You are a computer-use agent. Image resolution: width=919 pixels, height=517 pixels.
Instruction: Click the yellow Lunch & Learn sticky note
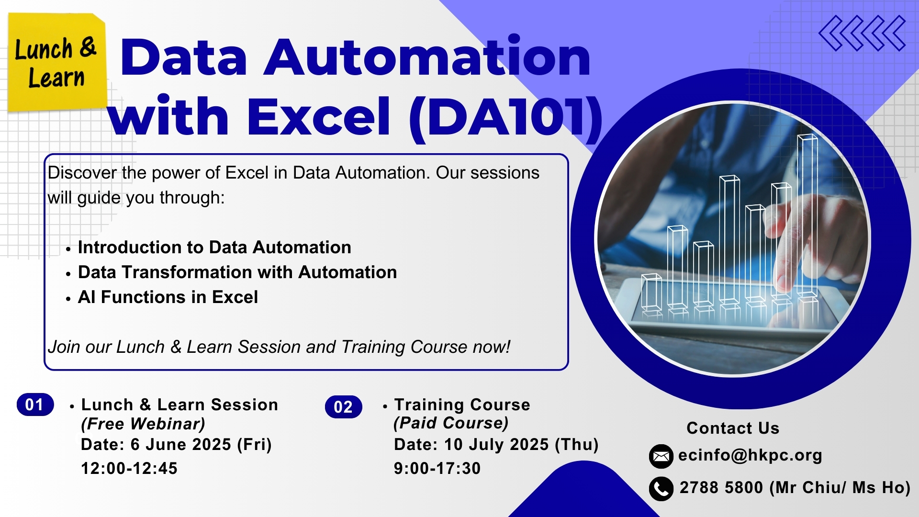pyautogui.click(x=57, y=62)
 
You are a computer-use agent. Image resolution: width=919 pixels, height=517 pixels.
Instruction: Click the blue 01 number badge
pyautogui.click(x=35, y=405)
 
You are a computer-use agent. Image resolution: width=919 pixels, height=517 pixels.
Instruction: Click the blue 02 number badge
pyautogui.click(x=343, y=407)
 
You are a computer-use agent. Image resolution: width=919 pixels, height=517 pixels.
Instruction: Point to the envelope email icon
pyautogui.click(x=661, y=456)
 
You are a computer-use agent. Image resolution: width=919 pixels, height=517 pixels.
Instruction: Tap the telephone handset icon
pyautogui.click(x=661, y=489)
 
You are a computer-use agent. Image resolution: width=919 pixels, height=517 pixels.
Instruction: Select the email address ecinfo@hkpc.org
pyautogui.click(x=750, y=455)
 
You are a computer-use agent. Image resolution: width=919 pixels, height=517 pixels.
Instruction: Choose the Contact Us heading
pyautogui.click(x=733, y=428)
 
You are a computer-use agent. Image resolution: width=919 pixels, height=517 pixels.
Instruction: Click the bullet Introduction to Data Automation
pyautogui.click(x=214, y=247)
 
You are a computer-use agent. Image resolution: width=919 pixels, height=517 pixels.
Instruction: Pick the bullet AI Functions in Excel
pyautogui.click(x=168, y=297)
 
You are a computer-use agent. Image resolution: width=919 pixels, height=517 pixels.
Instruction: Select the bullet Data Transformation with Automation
pyautogui.click(x=237, y=272)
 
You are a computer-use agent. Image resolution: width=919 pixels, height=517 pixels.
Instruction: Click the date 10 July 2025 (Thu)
pyautogui.click(x=521, y=445)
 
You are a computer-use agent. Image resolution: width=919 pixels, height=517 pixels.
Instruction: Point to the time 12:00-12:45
pyautogui.click(x=129, y=468)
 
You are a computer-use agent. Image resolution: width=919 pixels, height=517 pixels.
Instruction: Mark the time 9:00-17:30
pyautogui.click(x=437, y=468)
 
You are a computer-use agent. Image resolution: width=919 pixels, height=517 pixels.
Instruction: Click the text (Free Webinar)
pyautogui.click(x=143, y=424)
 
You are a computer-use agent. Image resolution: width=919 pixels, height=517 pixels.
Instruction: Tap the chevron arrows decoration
pyautogui.click(x=862, y=34)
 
